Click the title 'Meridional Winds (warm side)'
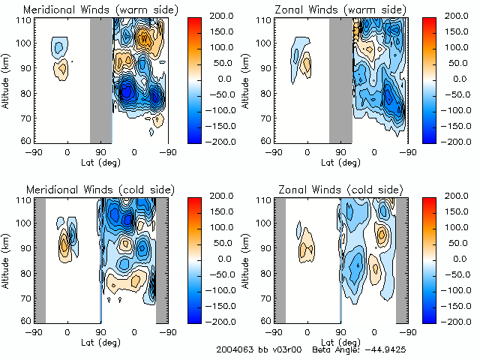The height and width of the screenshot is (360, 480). tap(90, 9)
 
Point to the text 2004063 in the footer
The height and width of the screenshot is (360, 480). tap(234, 349)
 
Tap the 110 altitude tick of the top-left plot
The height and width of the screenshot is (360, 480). tap(25, 20)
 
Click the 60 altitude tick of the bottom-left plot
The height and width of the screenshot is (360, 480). tap(26, 321)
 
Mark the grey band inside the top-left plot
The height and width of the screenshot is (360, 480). tap(101, 79)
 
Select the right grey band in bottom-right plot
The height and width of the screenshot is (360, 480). tap(402, 259)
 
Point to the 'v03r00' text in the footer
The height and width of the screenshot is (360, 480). tap(289, 349)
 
